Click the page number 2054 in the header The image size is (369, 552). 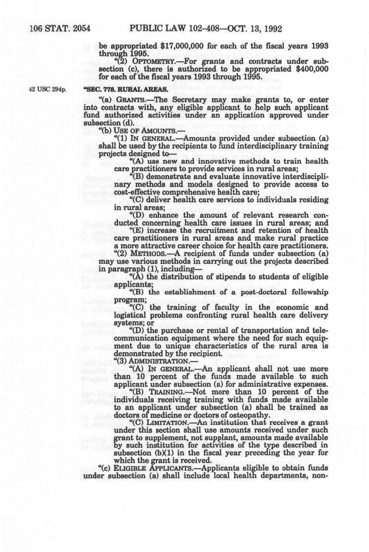click(x=81, y=29)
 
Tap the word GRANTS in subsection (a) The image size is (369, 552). click(x=124, y=100)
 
